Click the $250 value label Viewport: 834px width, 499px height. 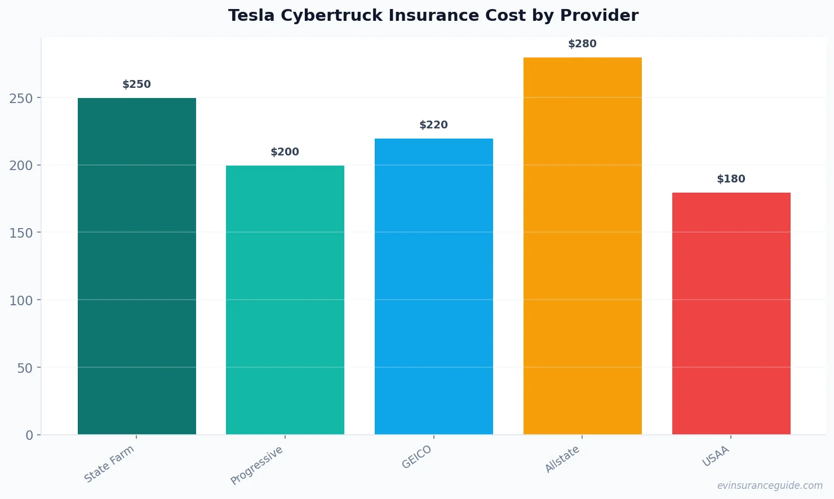[137, 84]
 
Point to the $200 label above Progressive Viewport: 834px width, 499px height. [285, 152]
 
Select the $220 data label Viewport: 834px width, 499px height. [434, 125]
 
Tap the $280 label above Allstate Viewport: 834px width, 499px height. [582, 44]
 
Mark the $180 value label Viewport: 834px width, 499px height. [731, 179]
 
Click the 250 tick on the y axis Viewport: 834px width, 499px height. [21, 99]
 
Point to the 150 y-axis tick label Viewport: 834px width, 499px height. [21, 233]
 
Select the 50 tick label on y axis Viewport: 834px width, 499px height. [25, 368]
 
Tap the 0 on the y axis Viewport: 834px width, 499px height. [29, 435]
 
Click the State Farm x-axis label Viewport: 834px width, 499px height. [109, 464]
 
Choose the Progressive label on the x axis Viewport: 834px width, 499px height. [257, 465]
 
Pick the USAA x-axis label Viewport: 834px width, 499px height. [716, 456]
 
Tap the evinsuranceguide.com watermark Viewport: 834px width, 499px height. [770, 485]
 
